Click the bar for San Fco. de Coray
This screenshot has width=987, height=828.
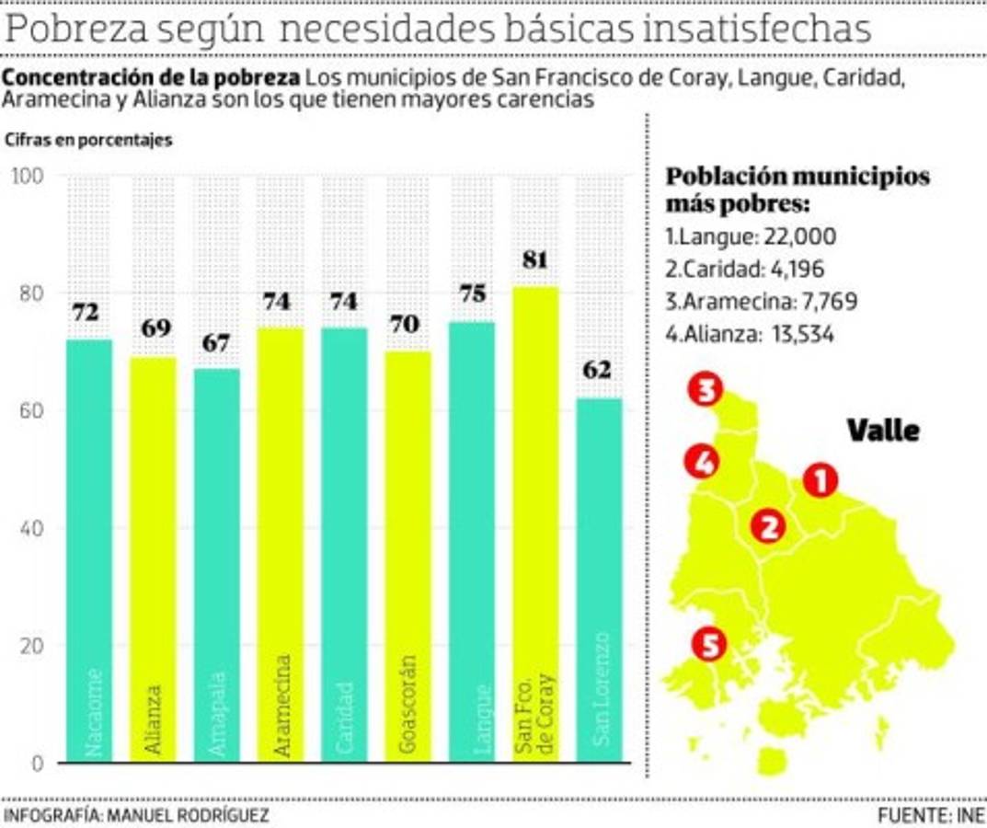[534, 524]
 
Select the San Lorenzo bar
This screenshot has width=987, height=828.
[599, 580]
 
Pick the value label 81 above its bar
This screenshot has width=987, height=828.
[534, 260]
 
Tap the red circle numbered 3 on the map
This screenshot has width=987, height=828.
[705, 390]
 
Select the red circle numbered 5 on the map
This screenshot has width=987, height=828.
[709, 644]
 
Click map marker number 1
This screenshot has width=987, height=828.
[820, 479]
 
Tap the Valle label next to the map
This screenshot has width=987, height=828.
[882, 430]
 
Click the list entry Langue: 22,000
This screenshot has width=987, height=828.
[751, 236]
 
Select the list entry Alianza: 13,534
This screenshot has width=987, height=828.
[750, 334]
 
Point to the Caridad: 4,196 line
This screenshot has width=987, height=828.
[744, 270]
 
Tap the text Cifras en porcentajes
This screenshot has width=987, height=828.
[88, 141]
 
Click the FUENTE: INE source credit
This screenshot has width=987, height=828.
[930, 815]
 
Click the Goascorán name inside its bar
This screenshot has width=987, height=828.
[407, 704]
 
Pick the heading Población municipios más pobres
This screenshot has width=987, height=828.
[797, 189]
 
